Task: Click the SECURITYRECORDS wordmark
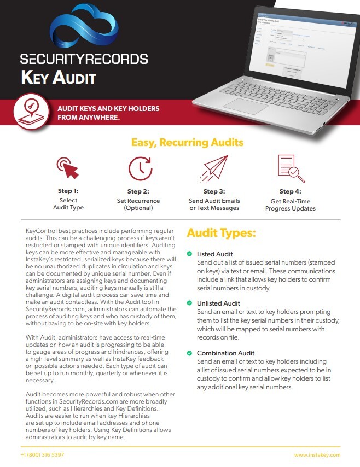coord(84,59)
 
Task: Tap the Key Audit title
coord(59,77)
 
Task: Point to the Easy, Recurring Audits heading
coord(187,143)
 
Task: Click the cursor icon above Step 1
coord(68,168)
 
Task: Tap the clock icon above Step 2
coord(140,168)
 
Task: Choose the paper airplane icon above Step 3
coord(214,168)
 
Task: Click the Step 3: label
coord(214,192)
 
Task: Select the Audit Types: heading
coord(221,234)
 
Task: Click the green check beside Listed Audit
coord(189,254)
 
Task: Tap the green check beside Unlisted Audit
coord(189,303)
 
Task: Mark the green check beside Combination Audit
coord(189,353)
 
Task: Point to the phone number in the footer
coord(42,455)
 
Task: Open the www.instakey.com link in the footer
coord(317,455)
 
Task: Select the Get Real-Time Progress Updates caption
coord(290,205)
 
